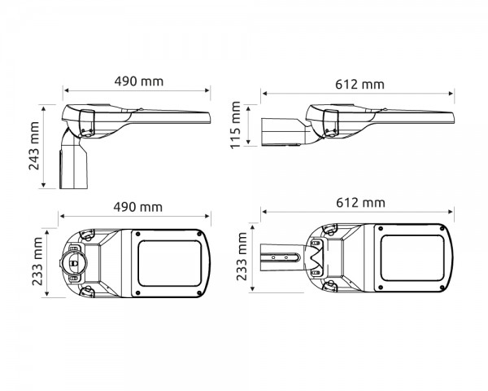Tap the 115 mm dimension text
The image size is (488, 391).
(237, 125)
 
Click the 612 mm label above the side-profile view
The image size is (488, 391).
(359, 84)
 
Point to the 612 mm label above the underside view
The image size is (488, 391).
(359, 202)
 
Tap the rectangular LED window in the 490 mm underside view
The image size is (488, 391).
(168, 261)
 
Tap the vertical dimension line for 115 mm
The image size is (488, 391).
(249, 125)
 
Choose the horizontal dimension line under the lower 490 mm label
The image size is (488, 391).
(135, 215)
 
